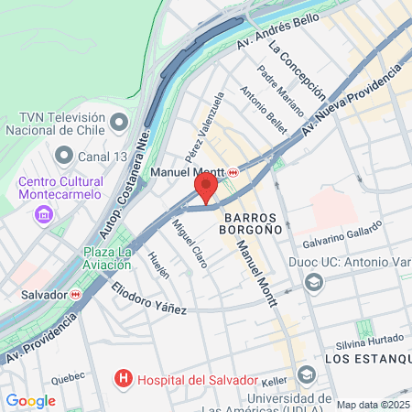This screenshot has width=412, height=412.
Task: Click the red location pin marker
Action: (x=206, y=189)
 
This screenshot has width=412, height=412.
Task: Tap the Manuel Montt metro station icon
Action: (x=233, y=172)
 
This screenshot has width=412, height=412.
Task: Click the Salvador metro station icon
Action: (x=76, y=295)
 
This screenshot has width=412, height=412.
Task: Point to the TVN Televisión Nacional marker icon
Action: (x=119, y=122)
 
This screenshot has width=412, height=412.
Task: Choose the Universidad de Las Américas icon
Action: (x=306, y=374)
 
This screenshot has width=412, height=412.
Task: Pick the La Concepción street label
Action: (x=298, y=67)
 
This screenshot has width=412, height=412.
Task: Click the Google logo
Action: (x=30, y=400)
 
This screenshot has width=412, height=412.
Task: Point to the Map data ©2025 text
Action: (x=373, y=405)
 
